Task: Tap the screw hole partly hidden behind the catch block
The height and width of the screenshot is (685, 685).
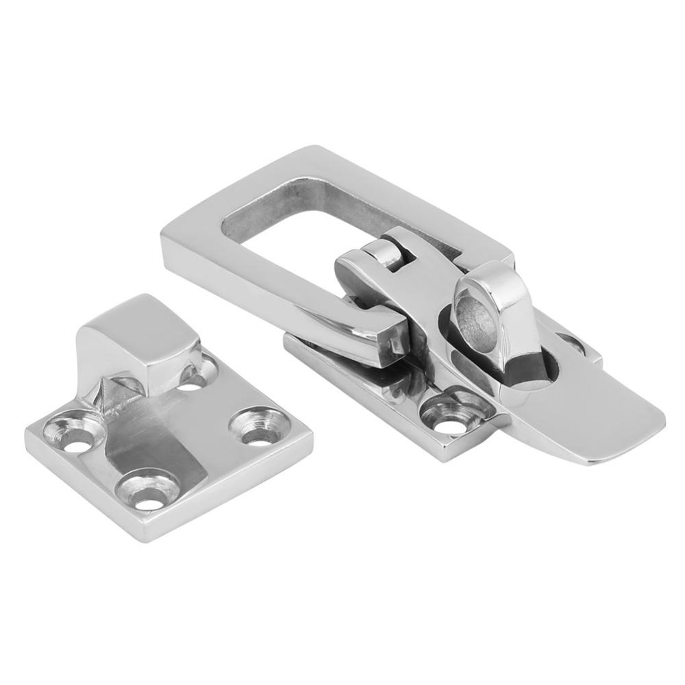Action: (x=194, y=379)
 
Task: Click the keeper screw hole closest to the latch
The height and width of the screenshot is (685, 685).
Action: (x=259, y=428)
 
